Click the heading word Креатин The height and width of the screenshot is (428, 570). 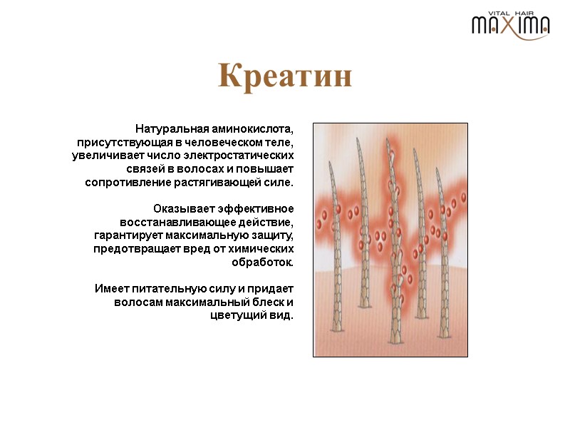[x=285, y=76]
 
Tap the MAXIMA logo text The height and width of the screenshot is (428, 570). [x=510, y=26]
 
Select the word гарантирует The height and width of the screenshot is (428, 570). [x=126, y=235]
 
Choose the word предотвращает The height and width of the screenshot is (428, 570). [x=130, y=248]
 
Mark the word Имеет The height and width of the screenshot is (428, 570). [x=110, y=288]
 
